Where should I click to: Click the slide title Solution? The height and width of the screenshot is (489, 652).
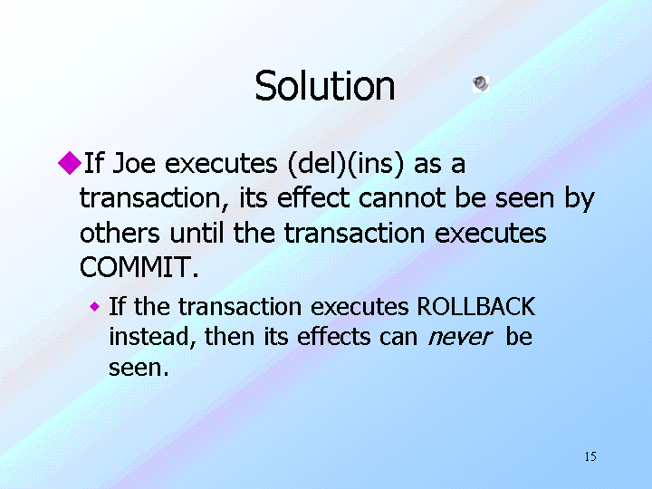(x=325, y=86)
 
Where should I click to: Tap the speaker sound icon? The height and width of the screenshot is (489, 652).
(x=481, y=84)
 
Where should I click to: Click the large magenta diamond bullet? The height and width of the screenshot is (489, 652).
(x=70, y=163)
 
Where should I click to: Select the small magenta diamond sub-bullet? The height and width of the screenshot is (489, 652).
(x=95, y=307)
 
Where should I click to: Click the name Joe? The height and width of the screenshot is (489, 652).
(x=134, y=163)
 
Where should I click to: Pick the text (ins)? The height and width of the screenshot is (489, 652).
(x=375, y=164)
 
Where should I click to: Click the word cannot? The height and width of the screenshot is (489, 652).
(x=402, y=198)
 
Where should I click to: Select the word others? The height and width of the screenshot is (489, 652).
(x=120, y=233)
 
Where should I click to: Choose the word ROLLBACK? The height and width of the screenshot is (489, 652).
(x=476, y=306)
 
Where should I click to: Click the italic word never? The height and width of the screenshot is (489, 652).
(x=460, y=338)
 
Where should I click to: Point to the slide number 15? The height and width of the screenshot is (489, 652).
(x=590, y=456)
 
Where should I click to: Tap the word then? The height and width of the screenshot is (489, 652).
(x=229, y=336)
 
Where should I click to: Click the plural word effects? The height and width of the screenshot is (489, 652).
(x=333, y=336)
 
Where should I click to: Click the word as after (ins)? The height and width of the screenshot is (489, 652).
(x=427, y=165)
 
